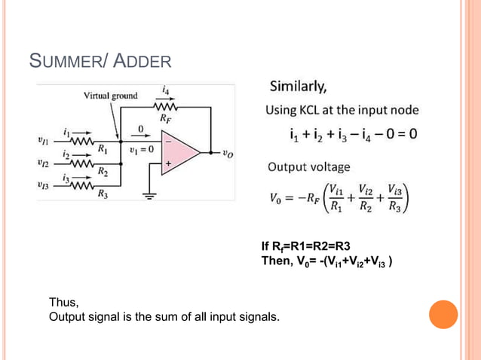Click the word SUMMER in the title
(x=60, y=61)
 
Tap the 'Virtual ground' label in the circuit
(x=110, y=96)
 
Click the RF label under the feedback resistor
(x=164, y=117)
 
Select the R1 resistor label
(x=103, y=149)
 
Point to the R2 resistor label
(x=103, y=172)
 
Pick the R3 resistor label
(x=103, y=194)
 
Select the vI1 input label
(x=44, y=139)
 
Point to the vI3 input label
(x=44, y=185)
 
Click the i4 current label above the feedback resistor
(x=165, y=88)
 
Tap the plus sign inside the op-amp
(x=169, y=162)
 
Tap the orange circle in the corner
(x=443, y=315)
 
